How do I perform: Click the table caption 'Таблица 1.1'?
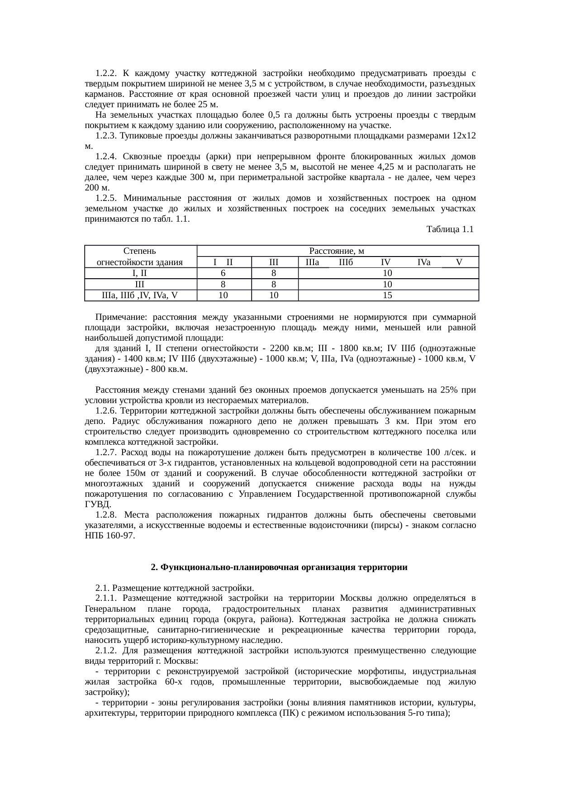[450, 230]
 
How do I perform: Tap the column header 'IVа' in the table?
[424, 262]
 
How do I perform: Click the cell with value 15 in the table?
[387, 295]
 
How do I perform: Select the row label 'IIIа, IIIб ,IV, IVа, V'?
[140, 295]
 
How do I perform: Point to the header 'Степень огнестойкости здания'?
[140, 257]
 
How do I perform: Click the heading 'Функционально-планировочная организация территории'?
[279, 567]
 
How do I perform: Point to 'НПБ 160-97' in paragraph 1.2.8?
[110, 536]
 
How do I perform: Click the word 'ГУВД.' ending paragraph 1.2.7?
[97, 504]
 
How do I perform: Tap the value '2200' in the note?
[279, 349]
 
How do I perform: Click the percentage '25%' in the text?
[453, 390]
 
